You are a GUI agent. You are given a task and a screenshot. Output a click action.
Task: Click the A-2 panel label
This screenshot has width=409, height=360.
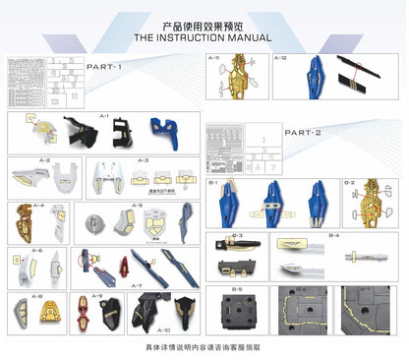44,160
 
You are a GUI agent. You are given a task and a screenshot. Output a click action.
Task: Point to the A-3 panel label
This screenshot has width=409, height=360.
143,160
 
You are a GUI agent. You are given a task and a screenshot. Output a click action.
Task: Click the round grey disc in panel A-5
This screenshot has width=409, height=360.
99,222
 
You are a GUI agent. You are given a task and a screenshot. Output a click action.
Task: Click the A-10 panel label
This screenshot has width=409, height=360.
162,330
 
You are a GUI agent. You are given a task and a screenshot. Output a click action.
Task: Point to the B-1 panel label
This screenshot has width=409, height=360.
214,184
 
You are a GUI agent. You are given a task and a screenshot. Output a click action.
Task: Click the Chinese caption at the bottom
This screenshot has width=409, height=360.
204,347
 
